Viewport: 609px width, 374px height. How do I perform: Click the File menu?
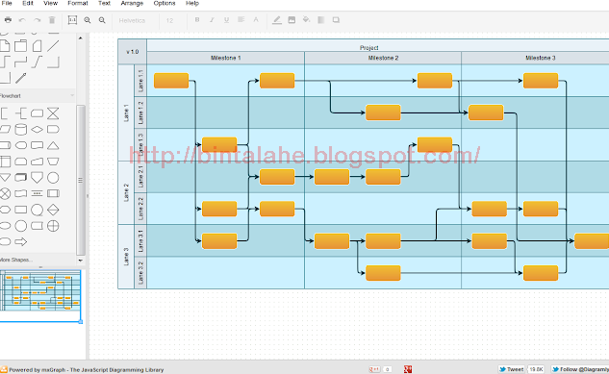click(7, 4)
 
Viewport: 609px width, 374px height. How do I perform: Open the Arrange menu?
click(132, 4)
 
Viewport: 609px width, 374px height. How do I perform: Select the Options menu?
click(164, 4)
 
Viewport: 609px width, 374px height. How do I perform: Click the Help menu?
click(192, 4)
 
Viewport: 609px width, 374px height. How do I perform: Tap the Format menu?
click(78, 4)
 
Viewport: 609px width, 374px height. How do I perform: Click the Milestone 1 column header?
click(225, 58)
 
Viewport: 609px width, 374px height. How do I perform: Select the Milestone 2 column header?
click(383, 58)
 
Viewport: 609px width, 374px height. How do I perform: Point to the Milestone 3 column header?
click(539, 58)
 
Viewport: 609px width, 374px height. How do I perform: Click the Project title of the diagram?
click(368, 47)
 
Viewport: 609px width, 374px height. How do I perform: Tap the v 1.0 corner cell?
click(132, 51)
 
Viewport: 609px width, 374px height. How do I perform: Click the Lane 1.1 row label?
click(140, 80)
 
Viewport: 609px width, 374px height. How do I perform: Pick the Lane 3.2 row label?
click(140, 272)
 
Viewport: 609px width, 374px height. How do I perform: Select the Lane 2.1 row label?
click(140, 176)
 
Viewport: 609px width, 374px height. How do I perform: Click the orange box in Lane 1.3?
click(219, 145)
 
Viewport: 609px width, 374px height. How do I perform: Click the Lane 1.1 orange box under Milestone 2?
click(435, 80)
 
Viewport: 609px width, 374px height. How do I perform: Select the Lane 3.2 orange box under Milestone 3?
click(541, 272)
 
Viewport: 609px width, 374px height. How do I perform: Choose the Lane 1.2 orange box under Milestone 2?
click(383, 112)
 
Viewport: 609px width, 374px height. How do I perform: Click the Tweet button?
click(511, 368)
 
